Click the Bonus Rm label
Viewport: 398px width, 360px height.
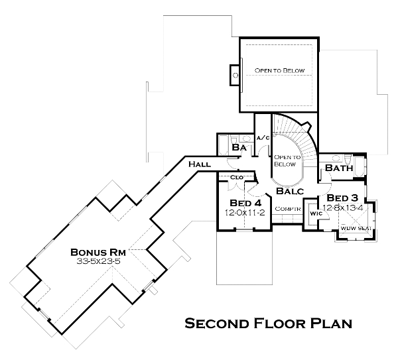click(98, 253)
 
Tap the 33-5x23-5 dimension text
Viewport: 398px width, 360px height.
click(98, 261)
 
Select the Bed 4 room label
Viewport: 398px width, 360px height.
click(245, 203)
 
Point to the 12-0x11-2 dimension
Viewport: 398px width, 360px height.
click(245, 212)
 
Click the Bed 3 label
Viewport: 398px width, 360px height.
click(342, 198)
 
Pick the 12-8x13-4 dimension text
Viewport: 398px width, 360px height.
click(343, 208)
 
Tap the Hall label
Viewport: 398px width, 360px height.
click(200, 164)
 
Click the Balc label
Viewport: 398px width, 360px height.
click(290, 191)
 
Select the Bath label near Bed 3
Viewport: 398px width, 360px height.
click(339, 168)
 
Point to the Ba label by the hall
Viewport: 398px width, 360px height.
click(239, 147)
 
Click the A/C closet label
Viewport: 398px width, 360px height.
click(263, 138)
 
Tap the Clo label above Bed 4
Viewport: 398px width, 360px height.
click(237, 177)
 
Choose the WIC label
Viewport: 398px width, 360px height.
click(316, 213)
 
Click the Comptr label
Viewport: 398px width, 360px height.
click(288, 209)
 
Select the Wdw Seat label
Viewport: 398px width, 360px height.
click(356, 228)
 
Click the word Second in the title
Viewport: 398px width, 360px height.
click(216, 324)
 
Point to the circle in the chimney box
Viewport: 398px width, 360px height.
click(235, 76)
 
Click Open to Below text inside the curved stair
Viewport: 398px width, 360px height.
click(287, 161)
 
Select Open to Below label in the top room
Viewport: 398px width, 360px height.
click(279, 70)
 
